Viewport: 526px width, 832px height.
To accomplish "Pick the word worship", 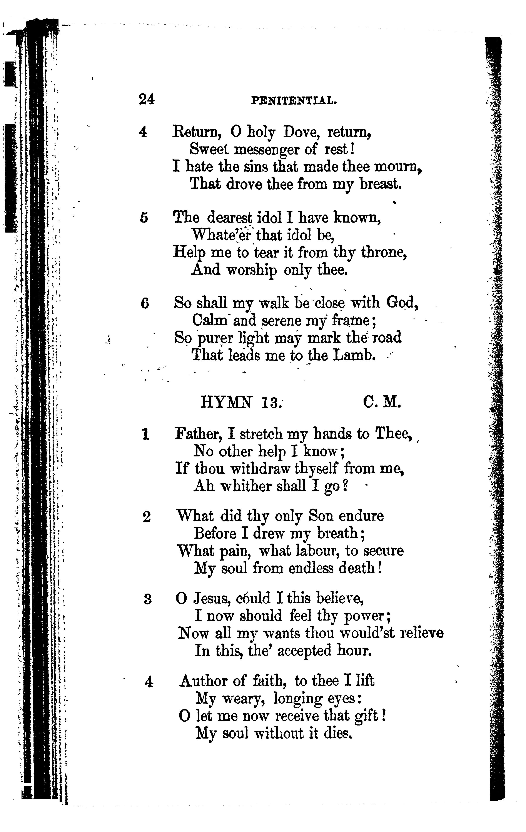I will (x=251, y=270).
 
